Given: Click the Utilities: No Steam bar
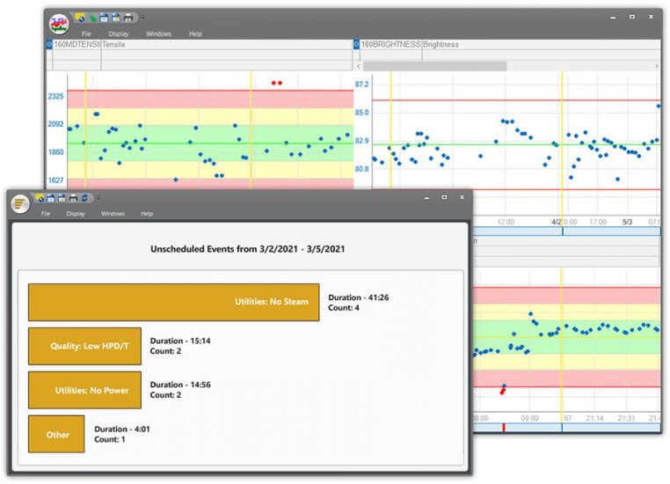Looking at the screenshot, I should click(x=173, y=302).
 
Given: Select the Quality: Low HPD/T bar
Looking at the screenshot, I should click(x=84, y=346).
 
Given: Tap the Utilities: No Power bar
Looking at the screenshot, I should click(x=84, y=390).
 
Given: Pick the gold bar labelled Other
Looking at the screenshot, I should click(x=56, y=434).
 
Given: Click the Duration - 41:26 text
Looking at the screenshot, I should click(x=359, y=297).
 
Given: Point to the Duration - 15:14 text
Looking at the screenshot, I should click(x=180, y=341).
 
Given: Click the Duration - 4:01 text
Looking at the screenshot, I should click(x=122, y=429).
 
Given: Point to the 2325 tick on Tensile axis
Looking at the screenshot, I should click(x=55, y=96).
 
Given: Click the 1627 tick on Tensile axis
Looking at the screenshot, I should click(x=55, y=180).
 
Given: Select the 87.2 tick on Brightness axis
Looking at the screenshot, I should click(x=361, y=84).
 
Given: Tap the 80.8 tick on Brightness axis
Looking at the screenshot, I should click(x=361, y=169).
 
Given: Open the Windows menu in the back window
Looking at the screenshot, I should click(x=158, y=33).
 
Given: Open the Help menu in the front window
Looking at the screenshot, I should click(x=147, y=213).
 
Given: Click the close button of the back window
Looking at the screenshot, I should click(x=652, y=17).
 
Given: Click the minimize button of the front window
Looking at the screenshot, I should click(x=423, y=197).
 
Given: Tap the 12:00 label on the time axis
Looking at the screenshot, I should click(x=506, y=222).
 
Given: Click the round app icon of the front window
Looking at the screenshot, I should click(x=20, y=203).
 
